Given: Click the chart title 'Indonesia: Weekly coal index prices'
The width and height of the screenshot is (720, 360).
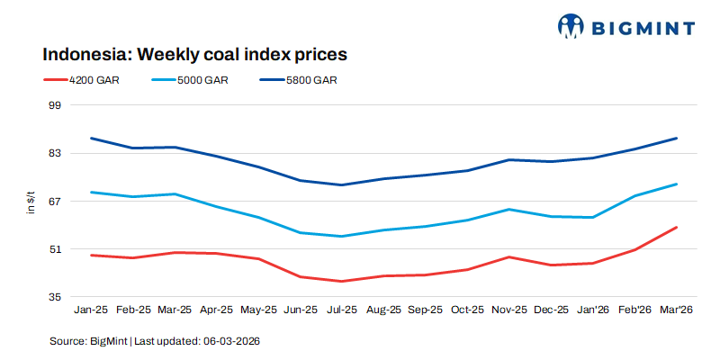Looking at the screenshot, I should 194,54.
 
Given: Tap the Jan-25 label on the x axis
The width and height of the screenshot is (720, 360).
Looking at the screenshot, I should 91,310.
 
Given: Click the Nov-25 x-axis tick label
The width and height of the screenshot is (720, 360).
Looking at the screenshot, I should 509,310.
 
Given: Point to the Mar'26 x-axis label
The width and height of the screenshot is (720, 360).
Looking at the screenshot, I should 676,310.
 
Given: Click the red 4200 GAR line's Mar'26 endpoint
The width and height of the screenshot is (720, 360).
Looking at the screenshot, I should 676,228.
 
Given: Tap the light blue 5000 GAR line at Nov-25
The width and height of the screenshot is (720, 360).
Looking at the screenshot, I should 509,210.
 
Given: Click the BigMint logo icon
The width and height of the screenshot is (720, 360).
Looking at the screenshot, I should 571,26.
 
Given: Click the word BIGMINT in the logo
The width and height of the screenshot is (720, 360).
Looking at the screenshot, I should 643,27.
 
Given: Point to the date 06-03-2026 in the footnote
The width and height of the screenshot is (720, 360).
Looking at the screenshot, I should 231,342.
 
